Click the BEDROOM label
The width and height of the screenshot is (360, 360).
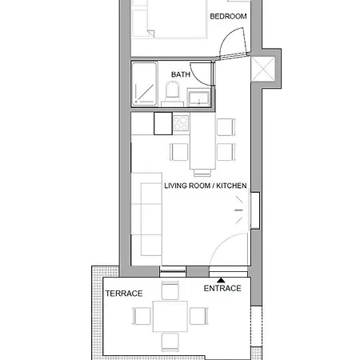click(228, 17)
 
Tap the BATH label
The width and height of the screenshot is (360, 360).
click(181, 74)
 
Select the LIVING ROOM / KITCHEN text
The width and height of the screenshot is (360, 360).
click(206, 186)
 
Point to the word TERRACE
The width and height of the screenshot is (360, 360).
click(124, 294)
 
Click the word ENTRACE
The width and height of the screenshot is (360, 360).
click(222, 288)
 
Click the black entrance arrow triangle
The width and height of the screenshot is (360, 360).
click(221, 280)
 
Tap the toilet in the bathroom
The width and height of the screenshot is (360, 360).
click(172, 90)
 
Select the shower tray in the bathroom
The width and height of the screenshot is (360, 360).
click(144, 83)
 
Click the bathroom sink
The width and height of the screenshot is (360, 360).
click(198, 97)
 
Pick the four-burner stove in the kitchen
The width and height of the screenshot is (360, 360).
click(181, 123)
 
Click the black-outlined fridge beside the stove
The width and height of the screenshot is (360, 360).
click(163, 123)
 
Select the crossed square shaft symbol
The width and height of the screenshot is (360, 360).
click(263, 69)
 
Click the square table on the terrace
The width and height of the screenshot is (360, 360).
click(170, 316)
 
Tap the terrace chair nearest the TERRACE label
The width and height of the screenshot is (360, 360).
click(142, 316)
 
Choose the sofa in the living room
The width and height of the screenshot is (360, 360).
click(146, 219)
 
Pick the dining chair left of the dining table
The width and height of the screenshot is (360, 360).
click(178, 152)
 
